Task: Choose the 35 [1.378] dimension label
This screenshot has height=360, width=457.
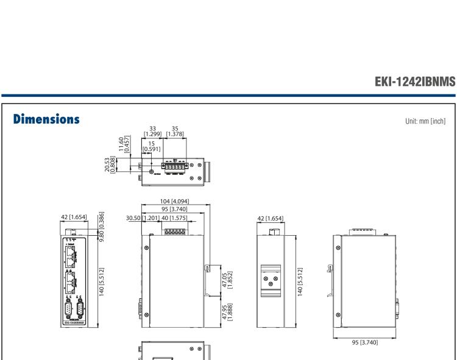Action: point(176,131)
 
